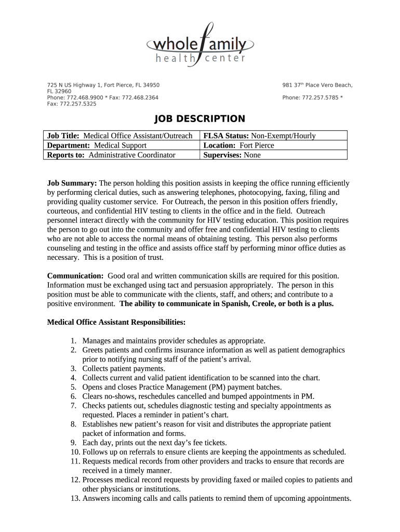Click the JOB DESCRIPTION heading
(200, 119)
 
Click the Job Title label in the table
(64, 136)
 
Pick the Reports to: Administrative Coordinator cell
(111, 155)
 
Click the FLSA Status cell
(259, 136)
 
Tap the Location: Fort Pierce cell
(238, 145)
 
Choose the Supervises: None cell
(232, 155)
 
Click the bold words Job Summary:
(72, 183)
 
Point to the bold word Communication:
(75, 275)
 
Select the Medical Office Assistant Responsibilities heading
(116, 322)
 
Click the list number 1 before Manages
(74, 341)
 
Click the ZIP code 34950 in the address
(152, 85)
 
